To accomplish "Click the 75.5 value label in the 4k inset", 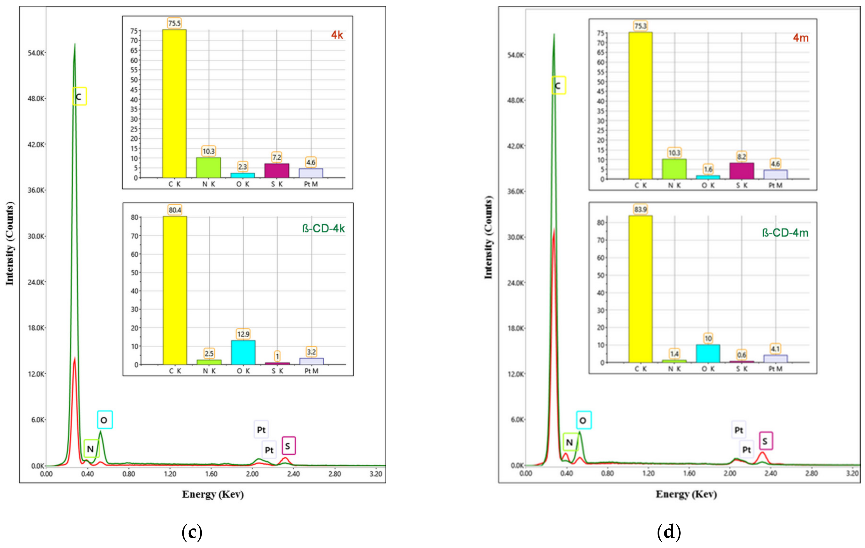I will coord(174,23).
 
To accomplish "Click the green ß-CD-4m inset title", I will coord(785,233).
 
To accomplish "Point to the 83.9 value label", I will coord(640,209).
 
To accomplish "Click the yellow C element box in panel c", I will coord(79,96).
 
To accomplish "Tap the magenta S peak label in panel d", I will coord(765,441).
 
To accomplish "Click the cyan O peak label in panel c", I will coord(105,420).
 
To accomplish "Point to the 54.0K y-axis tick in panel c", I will coord(36,53).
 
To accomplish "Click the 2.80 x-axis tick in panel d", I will coord(811,473).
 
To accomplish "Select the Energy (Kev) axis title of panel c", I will coord(213,494).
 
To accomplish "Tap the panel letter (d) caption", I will coord(669,532).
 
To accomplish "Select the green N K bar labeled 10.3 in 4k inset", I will coord(208,167).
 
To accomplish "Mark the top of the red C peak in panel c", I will coord(74,358).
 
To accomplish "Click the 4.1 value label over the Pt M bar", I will coord(775,349).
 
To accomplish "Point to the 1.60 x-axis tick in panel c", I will coord(211,474).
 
